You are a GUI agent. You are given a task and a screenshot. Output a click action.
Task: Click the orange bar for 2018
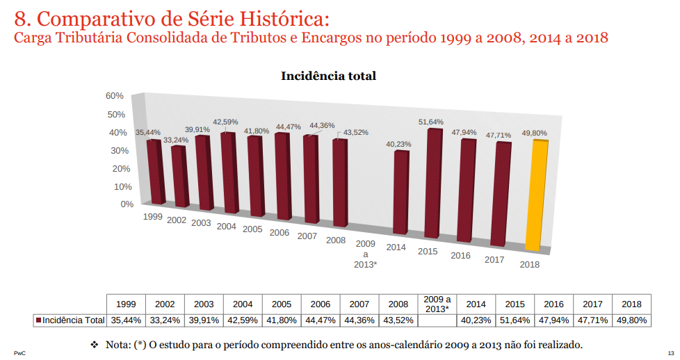[x=535, y=195]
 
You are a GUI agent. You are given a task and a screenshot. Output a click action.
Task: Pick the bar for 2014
[x=400, y=192]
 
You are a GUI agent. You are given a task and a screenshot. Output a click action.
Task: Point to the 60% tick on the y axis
[x=114, y=96]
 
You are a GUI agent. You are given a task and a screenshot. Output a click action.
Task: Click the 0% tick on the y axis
[x=126, y=204]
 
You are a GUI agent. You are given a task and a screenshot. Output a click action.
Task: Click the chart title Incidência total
[x=328, y=76]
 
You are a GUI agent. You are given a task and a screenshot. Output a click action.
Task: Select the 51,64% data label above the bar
[x=431, y=122]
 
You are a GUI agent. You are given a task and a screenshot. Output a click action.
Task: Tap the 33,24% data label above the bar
[x=175, y=140]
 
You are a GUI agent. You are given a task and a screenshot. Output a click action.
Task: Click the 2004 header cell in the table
[x=243, y=304]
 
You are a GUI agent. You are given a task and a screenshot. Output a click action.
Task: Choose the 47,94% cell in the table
[x=553, y=320]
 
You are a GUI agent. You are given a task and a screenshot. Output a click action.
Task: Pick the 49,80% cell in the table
[x=631, y=320]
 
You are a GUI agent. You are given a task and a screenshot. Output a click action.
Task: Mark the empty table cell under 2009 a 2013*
[x=437, y=320]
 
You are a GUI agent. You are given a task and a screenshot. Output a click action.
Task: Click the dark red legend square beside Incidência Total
[x=38, y=320]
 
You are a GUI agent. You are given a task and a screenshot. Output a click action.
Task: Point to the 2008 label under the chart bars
[x=336, y=240]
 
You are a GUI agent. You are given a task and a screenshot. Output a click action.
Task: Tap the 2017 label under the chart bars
[x=494, y=260]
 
